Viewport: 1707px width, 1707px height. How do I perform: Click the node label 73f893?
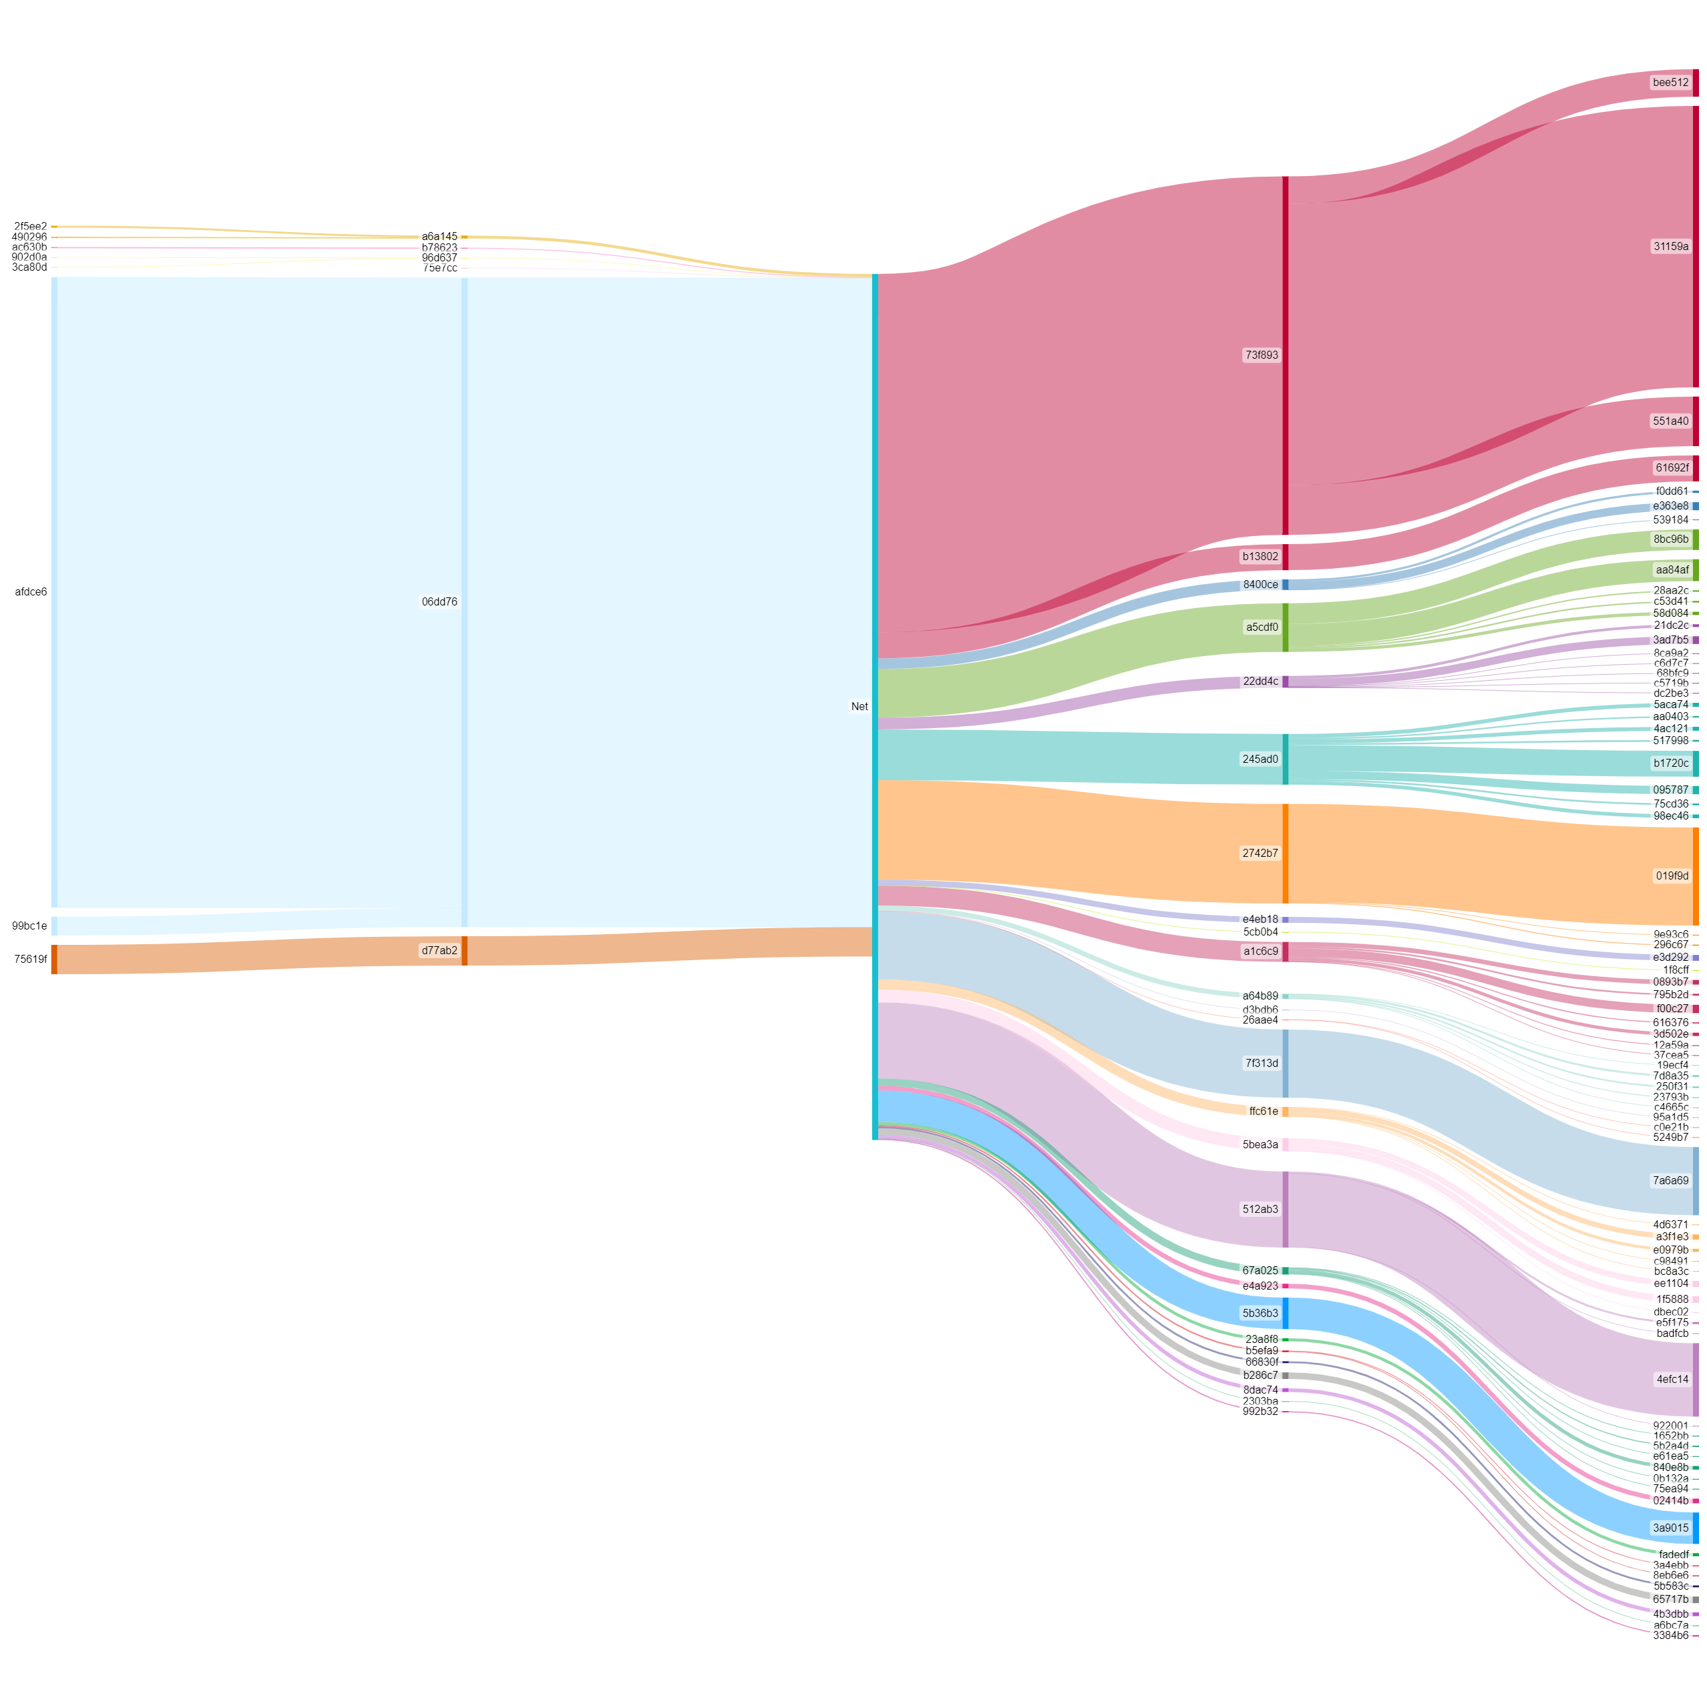click(x=1261, y=355)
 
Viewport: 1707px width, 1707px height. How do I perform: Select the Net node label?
click(x=859, y=707)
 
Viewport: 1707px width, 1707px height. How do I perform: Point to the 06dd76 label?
click(x=439, y=601)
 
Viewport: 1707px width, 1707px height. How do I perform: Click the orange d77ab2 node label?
click(x=439, y=951)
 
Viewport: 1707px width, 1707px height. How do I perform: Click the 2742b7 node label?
click(x=1260, y=853)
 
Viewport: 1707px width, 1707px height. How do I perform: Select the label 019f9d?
click(x=1672, y=876)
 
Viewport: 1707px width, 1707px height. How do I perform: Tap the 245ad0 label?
click(x=1260, y=759)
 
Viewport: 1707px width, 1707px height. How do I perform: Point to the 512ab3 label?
click(x=1260, y=1210)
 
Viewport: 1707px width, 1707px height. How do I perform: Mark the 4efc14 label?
click(x=1672, y=1379)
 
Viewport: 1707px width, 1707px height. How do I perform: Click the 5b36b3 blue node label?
click(x=1260, y=1314)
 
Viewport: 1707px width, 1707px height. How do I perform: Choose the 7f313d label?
click(x=1262, y=1064)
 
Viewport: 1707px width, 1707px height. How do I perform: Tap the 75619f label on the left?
click(x=31, y=960)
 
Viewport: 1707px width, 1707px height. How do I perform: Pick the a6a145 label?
click(x=439, y=237)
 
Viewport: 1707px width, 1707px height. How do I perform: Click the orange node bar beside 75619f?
click(x=54, y=960)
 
